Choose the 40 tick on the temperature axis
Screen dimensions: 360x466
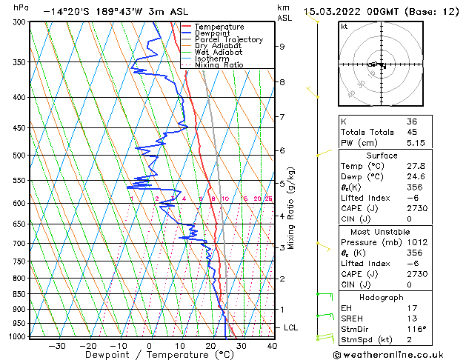pos(272,345)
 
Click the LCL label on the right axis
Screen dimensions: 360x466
pos(292,327)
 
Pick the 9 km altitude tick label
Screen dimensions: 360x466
pos(282,47)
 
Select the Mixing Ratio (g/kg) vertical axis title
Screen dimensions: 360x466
pos(291,208)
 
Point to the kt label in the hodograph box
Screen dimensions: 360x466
pos(344,26)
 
